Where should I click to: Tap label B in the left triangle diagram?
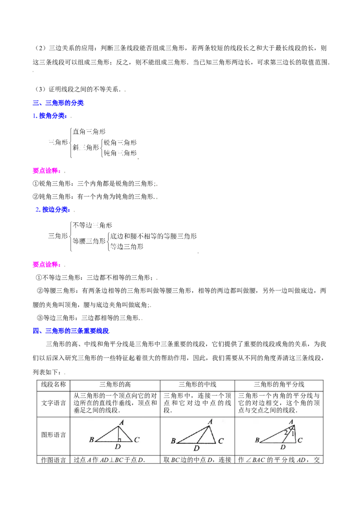[x=91, y=440]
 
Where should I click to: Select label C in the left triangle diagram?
[x=137, y=440]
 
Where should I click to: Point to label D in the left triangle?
[x=117, y=447]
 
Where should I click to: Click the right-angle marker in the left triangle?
[x=119, y=440]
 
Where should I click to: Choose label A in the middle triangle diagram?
[x=210, y=422]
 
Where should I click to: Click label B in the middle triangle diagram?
[x=173, y=442]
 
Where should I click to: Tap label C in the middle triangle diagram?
[x=220, y=442]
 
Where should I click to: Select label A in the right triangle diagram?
[x=291, y=421]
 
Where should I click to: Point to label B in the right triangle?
[x=257, y=440]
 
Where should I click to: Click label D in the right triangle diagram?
[x=283, y=447]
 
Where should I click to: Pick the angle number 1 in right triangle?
[x=293, y=434]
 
